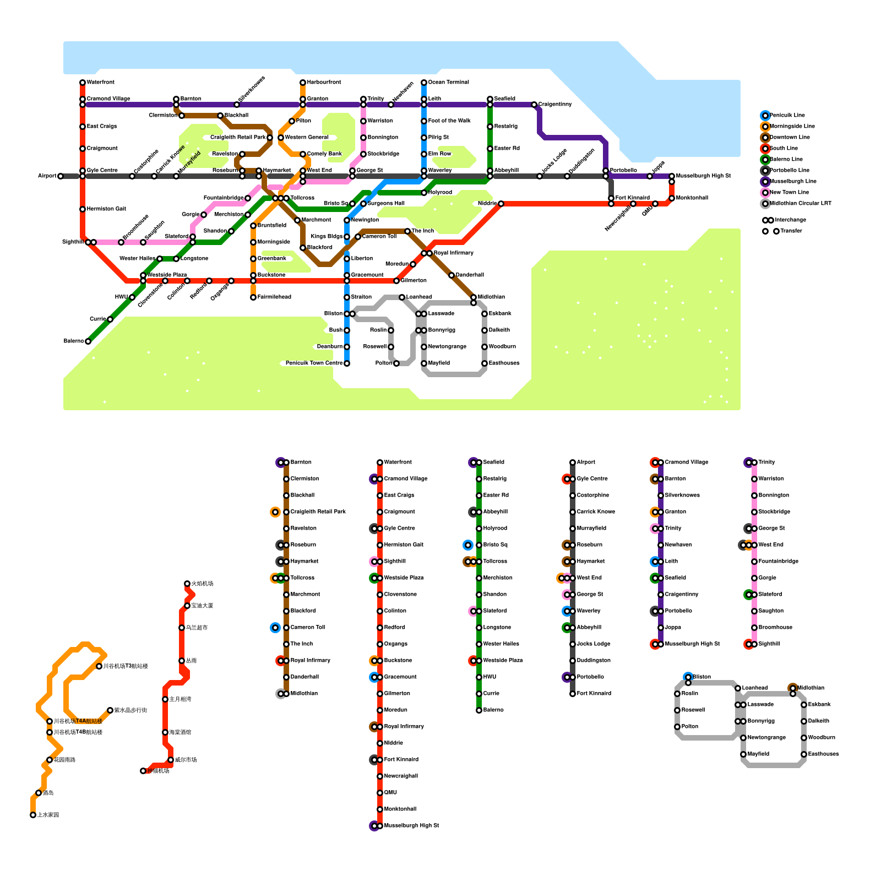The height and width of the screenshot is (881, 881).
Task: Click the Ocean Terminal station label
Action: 448,83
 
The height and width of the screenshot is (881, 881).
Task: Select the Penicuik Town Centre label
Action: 314,363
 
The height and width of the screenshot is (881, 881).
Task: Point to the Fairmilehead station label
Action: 274,297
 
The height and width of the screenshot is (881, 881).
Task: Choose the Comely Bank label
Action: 324,154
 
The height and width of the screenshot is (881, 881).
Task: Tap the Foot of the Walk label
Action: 449,121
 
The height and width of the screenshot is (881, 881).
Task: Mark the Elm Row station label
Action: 439,154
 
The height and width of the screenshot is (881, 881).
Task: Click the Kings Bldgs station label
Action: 327,237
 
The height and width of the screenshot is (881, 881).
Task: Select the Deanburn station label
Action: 329,347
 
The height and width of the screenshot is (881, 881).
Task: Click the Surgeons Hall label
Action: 386,204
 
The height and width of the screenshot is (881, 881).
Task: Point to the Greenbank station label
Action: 271,259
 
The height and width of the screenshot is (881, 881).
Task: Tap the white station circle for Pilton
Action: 292,121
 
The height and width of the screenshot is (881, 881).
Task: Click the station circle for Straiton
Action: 347,297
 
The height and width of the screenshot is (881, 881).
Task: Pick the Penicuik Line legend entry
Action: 787,116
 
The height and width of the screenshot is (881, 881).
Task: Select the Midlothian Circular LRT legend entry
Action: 800,204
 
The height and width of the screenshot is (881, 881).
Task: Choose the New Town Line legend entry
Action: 789,193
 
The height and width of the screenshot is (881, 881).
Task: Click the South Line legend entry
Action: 784,149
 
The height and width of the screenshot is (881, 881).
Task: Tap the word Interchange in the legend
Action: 790,220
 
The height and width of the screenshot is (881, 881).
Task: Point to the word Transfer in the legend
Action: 791,231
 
